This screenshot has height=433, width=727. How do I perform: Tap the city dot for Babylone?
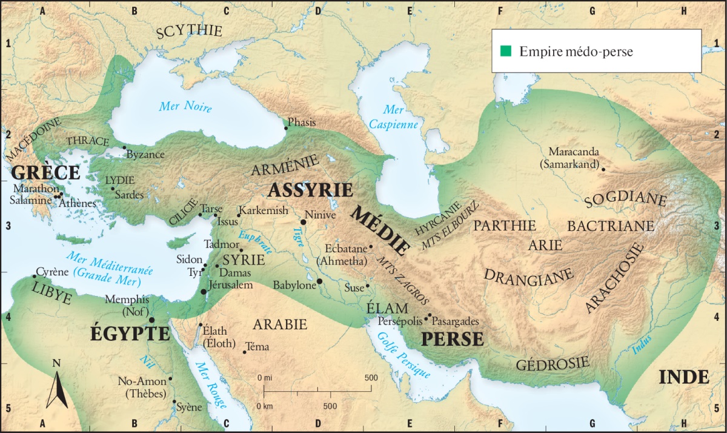pyautogui.click(x=319, y=281)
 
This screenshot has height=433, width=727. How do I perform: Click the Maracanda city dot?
pyautogui.click(x=603, y=169)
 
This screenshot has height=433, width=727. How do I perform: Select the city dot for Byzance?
pyautogui.click(x=124, y=147)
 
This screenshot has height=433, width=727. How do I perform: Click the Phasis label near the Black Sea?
pyautogui.click(x=302, y=123)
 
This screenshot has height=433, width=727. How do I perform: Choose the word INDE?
pyautogui.click(x=683, y=377)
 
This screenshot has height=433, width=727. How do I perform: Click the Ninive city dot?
pyautogui.click(x=303, y=222)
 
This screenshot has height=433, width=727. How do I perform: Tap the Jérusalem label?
pyautogui.click(x=230, y=285)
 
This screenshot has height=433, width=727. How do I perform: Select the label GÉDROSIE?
pyautogui.click(x=553, y=363)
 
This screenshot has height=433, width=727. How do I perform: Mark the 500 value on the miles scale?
pyautogui.click(x=370, y=377)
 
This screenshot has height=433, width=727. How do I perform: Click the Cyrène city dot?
pyautogui.click(x=35, y=277)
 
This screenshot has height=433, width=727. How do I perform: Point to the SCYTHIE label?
pyautogui.click(x=189, y=32)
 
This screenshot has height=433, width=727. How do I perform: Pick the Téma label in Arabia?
pyautogui.click(x=257, y=347)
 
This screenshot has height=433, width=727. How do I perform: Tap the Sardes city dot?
pyautogui.click(x=113, y=189)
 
